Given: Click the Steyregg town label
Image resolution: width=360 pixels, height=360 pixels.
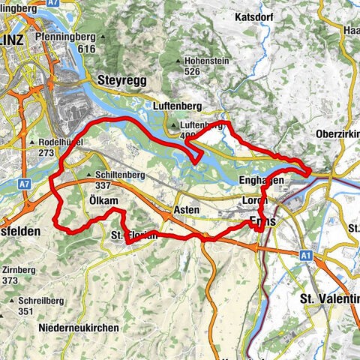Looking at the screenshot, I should pos(122,77).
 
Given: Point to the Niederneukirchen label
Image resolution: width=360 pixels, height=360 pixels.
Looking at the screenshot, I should pos(78,328).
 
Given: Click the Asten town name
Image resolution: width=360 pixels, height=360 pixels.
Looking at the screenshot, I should pos(186,210).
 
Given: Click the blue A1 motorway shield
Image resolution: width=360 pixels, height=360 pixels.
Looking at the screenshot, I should pos(306,255).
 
